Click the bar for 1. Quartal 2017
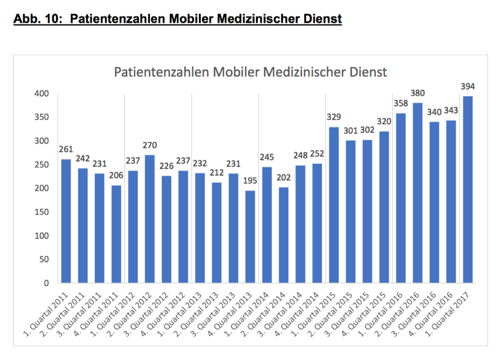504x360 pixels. pyautogui.click(x=468, y=189)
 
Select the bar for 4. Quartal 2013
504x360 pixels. pyautogui.click(x=250, y=236)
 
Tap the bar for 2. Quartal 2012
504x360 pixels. pyautogui.click(x=150, y=219)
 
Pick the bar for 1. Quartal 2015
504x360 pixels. pyautogui.click(x=334, y=204)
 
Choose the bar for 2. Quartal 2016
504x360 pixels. pyautogui.click(x=418, y=192)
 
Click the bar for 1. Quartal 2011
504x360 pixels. pyautogui.click(x=66, y=221)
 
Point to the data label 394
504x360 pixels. pyautogui.click(x=468, y=86)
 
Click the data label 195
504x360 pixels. pyautogui.click(x=250, y=181)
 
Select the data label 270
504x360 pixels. pyautogui.click(x=150, y=145)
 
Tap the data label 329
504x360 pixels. pyautogui.click(x=334, y=117)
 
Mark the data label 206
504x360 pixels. pyautogui.click(x=116, y=176)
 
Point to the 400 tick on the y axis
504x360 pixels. pyautogui.click(x=41, y=94)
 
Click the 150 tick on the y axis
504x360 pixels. pyautogui.click(x=41, y=212)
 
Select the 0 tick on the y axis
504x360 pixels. pyautogui.click(x=45, y=283)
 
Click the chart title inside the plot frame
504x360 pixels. pyautogui.click(x=250, y=72)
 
